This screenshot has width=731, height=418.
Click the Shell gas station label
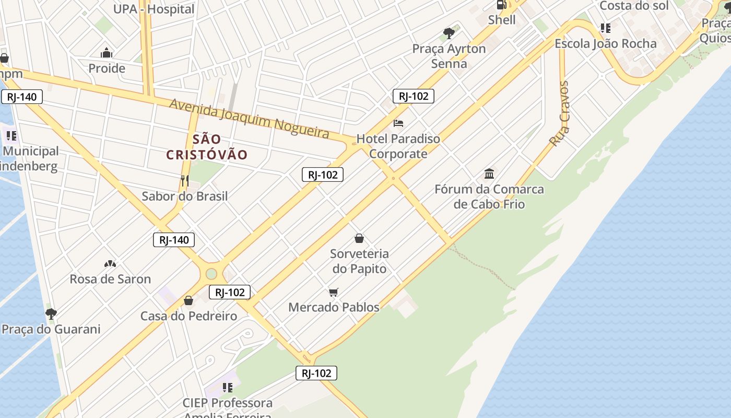tap(502, 20)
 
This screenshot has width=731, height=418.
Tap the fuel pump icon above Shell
tap(501, 5)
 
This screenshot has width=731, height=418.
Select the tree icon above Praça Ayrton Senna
tap(449, 33)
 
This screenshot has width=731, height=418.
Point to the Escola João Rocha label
tap(605, 43)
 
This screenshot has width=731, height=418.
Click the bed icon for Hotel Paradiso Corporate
tap(398, 123)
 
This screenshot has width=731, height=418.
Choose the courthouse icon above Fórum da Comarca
tap(489, 173)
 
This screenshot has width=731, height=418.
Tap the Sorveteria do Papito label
tap(359, 261)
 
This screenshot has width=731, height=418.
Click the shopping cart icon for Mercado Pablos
tap(334, 292)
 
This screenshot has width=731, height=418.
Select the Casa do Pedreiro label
tap(188, 316)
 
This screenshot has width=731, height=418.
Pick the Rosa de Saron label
tap(110, 279)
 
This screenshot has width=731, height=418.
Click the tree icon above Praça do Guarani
tap(51, 313)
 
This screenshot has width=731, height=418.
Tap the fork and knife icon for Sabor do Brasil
tap(184, 181)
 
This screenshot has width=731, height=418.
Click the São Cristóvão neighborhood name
tap(207, 147)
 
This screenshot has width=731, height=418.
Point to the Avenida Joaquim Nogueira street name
tap(250, 119)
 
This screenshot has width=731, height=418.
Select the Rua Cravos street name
tap(559, 114)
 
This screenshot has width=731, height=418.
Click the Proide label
tap(107, 68)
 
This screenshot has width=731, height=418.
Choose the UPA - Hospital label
tap(154, 9)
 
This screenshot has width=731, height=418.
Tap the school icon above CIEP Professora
tap(227, 387)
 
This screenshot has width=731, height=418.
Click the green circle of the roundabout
tap(211, 273)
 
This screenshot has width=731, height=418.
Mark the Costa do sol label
tap(634, 6)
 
